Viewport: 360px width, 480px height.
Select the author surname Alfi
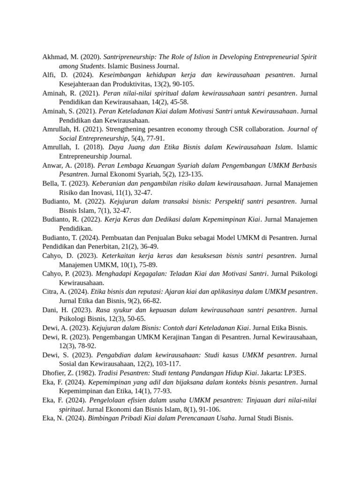49,75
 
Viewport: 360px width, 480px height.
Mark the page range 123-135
178,174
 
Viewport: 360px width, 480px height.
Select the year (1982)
85,373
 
